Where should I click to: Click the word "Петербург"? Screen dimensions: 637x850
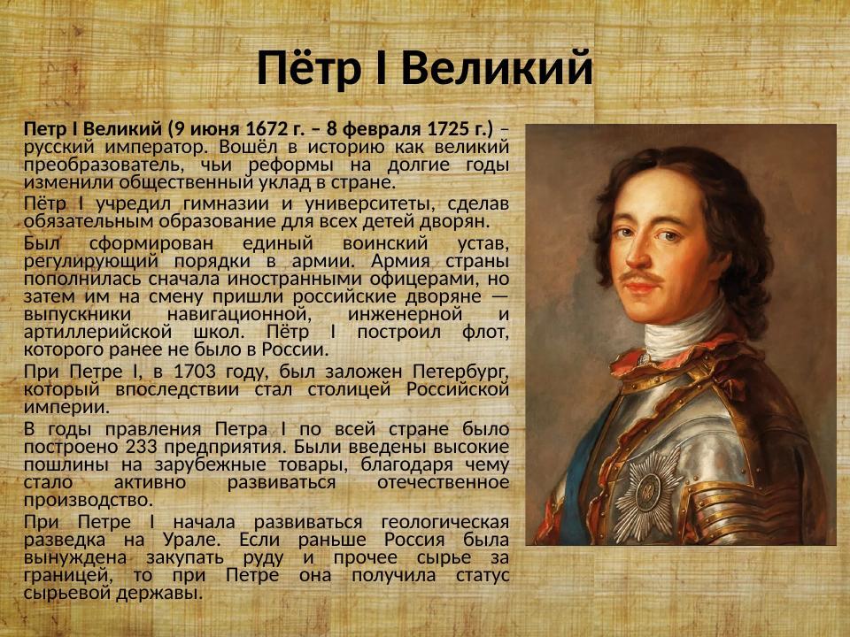pyautogui.click(x=460, y=372)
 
